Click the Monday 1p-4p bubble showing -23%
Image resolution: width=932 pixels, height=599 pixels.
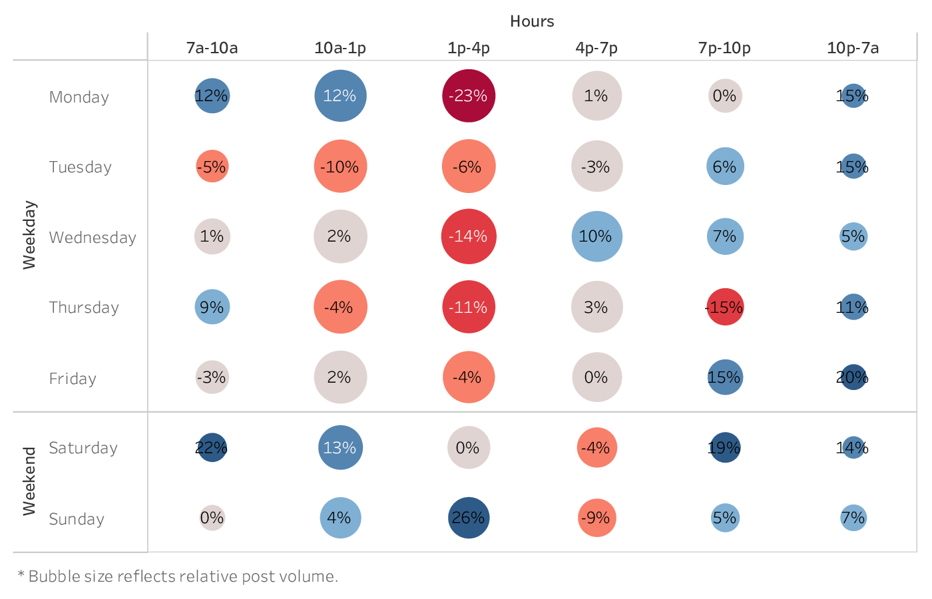coord(469,96)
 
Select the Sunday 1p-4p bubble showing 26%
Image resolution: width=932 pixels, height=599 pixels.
coord(469,518)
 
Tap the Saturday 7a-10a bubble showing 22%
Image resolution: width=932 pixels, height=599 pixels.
coord(212,448)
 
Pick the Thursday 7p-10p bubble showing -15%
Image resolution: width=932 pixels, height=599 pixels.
coord(725,307)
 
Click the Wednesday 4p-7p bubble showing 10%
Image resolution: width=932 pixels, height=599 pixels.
coord(596,236)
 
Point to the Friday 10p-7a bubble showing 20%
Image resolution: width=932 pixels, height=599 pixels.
coord(853,377)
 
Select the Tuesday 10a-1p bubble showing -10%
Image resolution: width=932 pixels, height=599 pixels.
coord(340,166)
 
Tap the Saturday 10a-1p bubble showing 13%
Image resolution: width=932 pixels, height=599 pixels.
coord(340,448)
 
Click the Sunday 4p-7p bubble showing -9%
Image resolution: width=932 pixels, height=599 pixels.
coord(596,518)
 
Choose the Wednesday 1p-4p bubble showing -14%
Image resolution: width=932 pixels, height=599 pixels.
coord(469,236)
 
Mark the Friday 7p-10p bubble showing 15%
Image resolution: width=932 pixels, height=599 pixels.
coord(725,377)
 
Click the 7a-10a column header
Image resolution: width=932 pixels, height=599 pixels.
coord(212,48)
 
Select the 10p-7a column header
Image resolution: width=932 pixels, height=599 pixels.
coord(853,48)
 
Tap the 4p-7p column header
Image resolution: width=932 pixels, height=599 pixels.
coord(596,48)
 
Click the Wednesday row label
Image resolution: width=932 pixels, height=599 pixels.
coord(93,238)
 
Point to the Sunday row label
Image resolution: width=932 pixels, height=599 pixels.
coord(77,519)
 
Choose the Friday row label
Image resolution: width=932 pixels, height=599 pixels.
coord(73,379)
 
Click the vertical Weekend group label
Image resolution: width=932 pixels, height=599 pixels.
coord(29,481)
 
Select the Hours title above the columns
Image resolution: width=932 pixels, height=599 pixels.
coord(532,21)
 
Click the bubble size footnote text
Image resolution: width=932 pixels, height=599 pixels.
coord(178,576)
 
